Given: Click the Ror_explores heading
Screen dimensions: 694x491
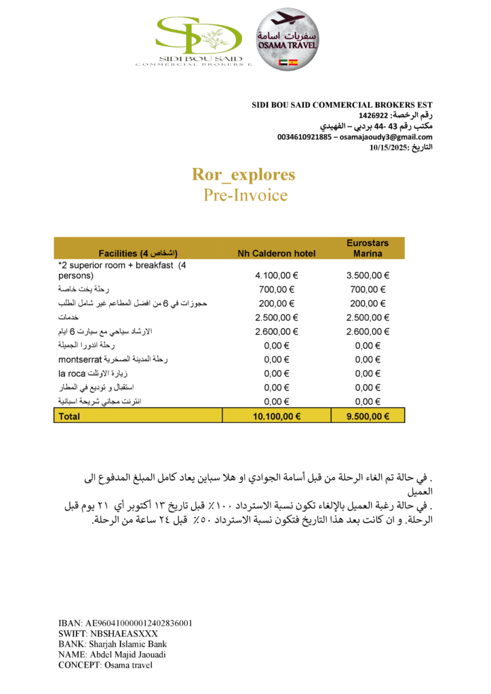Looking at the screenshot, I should tap(244, 174).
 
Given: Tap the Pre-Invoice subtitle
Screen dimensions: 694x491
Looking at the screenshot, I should tap(245, 195).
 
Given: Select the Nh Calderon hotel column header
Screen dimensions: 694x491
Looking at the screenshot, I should tap(276, 253).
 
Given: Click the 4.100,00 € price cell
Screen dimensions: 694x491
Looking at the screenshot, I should tap(277, 276).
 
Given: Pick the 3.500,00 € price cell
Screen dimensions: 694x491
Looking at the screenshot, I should tap(368, 276).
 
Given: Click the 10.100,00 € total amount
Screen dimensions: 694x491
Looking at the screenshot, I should tap(277, 416).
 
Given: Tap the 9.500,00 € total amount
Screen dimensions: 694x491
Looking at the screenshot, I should tap(368, 416).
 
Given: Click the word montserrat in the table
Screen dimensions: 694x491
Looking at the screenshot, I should tap(79, 359).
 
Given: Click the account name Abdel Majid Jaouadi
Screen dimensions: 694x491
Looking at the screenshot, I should tap(127, 655).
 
